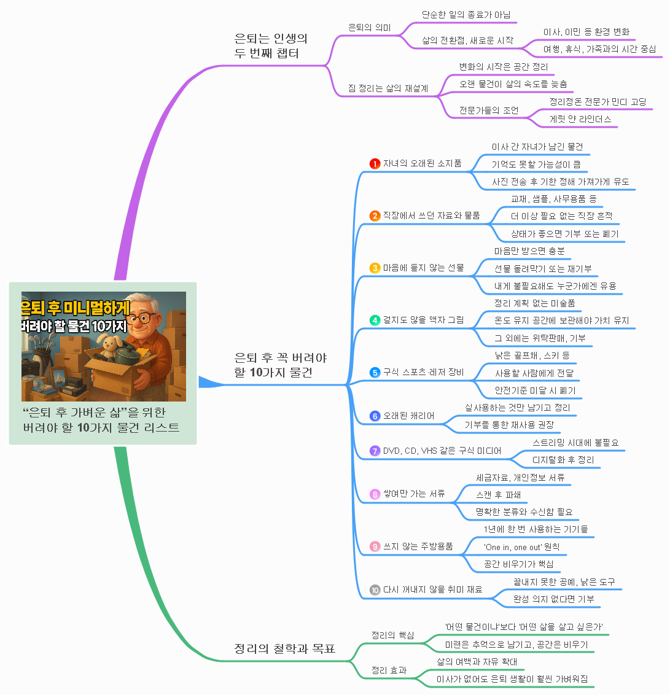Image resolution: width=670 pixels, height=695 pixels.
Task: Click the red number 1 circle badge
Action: click(375, 163)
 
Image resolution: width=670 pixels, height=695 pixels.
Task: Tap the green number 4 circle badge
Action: click(375, 320)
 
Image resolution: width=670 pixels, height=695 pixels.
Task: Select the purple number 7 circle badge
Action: click(375, 451)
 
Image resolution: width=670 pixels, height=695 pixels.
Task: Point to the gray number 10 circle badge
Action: click(375, 590)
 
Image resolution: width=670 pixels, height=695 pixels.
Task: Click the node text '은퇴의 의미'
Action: click(369, 28)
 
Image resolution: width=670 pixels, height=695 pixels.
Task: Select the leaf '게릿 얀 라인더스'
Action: click(580, 118)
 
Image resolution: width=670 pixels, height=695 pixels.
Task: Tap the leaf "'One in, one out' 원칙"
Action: click(521, 547)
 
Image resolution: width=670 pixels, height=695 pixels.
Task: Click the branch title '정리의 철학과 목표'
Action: click(285, 648)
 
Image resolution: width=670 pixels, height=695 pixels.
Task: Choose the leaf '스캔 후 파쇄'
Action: click(498, 495)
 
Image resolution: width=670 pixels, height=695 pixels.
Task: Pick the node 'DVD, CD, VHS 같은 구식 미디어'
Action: click(442, 451)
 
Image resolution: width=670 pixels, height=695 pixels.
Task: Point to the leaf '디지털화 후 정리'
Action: click(563, 460)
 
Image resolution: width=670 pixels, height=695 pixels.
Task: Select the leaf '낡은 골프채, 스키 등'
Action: click(532, 355)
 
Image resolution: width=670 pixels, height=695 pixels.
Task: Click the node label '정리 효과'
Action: click(389, 670)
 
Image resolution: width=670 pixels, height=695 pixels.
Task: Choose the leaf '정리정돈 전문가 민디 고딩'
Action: click(598, 101)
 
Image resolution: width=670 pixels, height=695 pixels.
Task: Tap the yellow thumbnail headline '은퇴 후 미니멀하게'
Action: click(76, 308)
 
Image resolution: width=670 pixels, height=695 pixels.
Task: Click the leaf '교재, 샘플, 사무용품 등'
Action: click(553, 198)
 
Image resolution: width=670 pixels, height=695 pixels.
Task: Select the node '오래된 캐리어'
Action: click(408, 416)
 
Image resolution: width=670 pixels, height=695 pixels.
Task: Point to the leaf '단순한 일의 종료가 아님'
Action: click(466, 15)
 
